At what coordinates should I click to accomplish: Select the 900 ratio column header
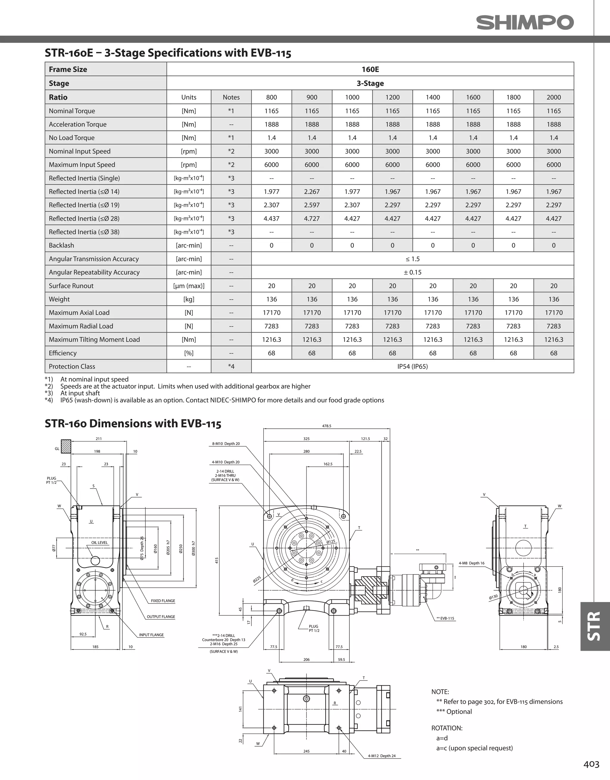(x=312, y=97)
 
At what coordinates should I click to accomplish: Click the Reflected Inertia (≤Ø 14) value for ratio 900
(x=312, y=192)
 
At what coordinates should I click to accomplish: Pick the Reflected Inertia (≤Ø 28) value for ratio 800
(x=271, y=219)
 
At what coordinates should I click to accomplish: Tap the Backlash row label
(x=61, y=245)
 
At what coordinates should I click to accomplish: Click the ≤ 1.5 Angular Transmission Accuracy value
(x=413, y=259)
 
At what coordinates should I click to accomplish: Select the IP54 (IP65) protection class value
(x=413, y=366)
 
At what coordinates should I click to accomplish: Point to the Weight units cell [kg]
(x=189, y=299)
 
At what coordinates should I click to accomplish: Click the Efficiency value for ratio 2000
(x=553, y=353)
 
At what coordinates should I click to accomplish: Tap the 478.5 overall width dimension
(x=327, y=426)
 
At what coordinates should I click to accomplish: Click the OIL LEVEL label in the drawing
(x=99, y=542)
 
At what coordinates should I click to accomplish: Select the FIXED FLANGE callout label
(x=163, y=601)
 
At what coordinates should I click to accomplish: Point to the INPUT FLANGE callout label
(x=152, y=635)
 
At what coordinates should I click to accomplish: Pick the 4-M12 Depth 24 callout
(x=382, y=756)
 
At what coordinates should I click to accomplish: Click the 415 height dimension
(x=217, y=560)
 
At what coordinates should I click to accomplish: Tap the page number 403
(x=591, y=764)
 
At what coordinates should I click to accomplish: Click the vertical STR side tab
(x=594, y=626)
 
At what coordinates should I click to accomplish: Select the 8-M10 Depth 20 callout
(x=226, y=444)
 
